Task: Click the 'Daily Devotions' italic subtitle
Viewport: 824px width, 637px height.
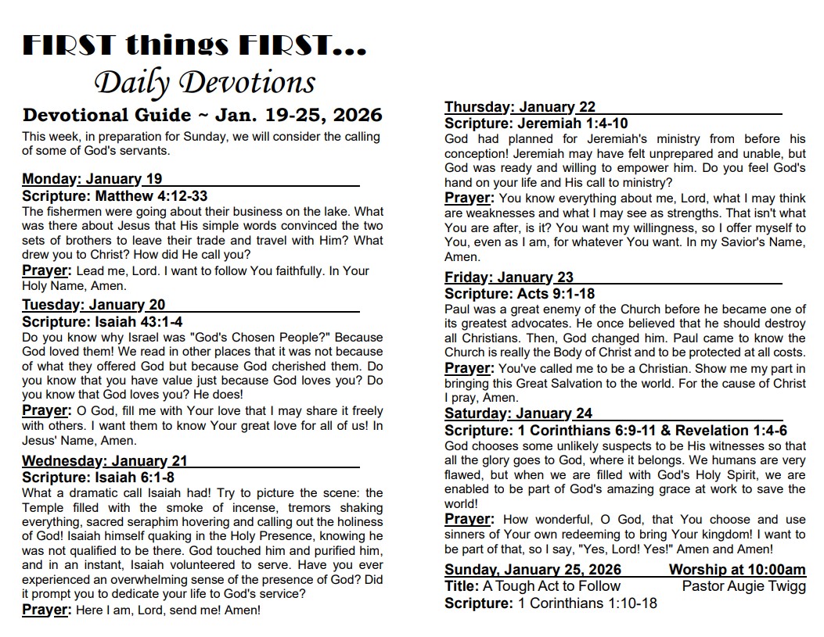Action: click(204, 83)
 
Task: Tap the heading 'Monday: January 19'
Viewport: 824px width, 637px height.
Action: click(92, 179)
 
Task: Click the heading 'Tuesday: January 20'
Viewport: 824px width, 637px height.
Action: click(94, 305)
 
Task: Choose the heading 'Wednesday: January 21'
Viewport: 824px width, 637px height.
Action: click(105, 461)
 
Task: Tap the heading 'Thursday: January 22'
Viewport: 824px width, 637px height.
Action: click(520, 107)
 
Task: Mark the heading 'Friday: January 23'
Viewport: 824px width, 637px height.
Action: click(509, 277)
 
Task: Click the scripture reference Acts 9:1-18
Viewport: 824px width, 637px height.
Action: click(556, 294)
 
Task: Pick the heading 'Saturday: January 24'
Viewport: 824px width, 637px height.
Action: click(518, 413)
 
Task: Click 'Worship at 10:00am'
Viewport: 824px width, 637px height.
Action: click(736, 570)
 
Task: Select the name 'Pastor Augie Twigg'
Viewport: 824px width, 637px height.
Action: click(743, 586)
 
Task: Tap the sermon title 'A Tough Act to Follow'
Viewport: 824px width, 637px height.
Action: click(551, 586)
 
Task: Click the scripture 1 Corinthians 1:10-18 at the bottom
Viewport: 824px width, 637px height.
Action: click(587, 603)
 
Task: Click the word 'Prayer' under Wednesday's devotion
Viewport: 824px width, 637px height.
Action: click(46, 610)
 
